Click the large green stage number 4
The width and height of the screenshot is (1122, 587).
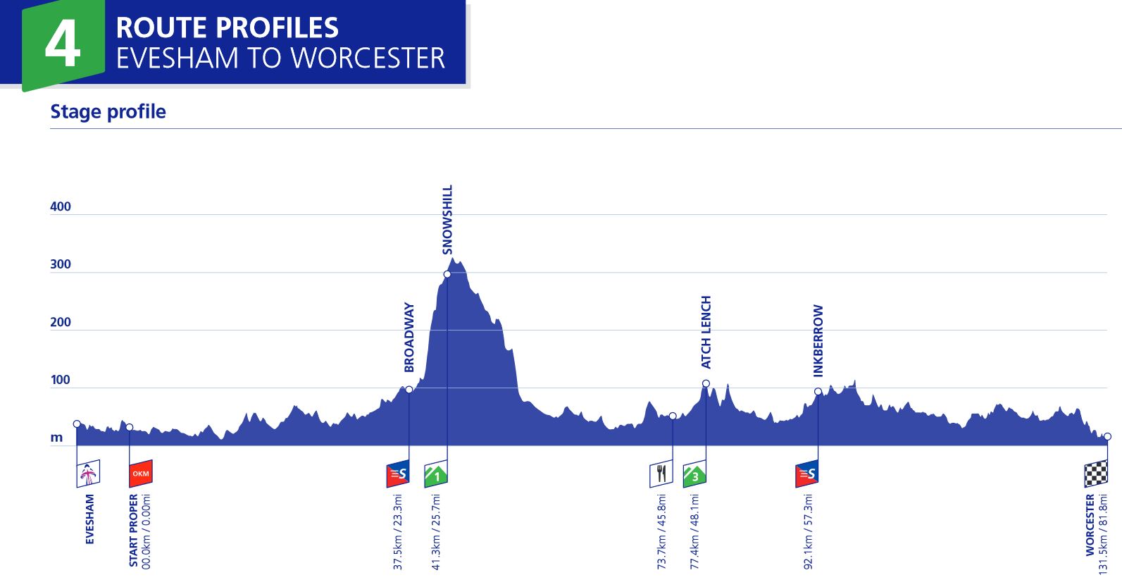click(62, 44)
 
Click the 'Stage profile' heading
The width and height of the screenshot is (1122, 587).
click(108, 112)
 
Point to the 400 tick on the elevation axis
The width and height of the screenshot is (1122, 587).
click(61, 206)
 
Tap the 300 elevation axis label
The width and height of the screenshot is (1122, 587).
click(61, 264)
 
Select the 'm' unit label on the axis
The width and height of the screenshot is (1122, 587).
click(56, 438)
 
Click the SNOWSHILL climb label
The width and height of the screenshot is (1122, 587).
click(447, 219)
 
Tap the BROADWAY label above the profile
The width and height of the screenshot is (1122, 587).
click(409, 338)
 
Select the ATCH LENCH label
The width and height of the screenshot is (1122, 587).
click(706, 332)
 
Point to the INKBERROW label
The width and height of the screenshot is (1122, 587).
click(818, 340)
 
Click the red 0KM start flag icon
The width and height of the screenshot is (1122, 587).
click(140, 474)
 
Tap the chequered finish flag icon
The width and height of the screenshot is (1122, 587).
click(1095, 474)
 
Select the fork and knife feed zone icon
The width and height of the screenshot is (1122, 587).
click(661, 474)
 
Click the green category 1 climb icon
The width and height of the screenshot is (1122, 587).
click(436, 475)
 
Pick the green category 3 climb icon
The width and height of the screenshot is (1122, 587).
click(694, 475)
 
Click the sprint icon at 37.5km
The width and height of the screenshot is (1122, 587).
click(397, 474)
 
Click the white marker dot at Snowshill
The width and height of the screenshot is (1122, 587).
click(447, 274)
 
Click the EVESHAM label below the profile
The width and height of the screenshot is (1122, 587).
click(89, 519)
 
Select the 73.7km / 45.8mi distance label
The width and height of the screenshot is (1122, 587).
click(661, 532)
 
